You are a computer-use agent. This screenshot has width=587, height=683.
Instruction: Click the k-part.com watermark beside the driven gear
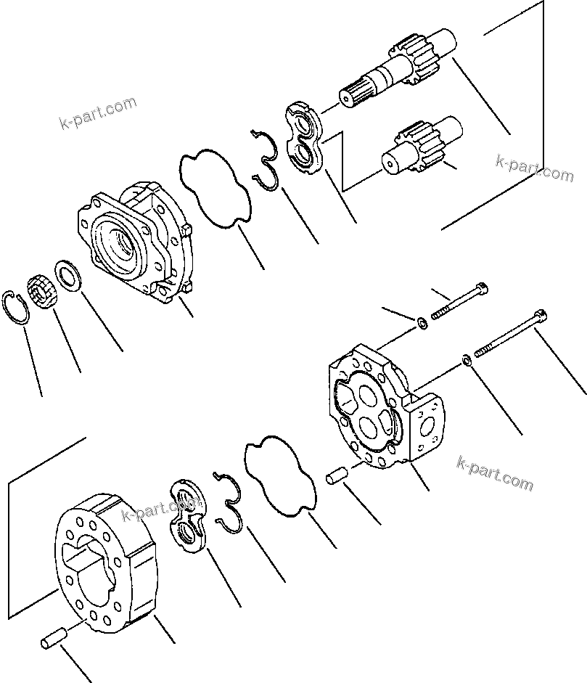pos(534,168)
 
